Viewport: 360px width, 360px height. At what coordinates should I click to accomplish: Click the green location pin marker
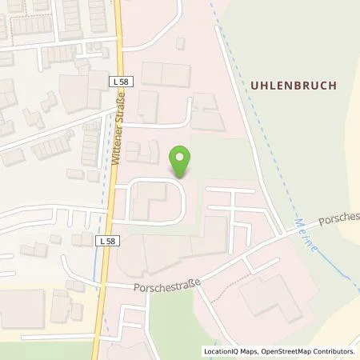(x=182, y=161)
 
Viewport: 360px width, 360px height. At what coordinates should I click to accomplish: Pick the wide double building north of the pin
(x=163, y=74)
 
